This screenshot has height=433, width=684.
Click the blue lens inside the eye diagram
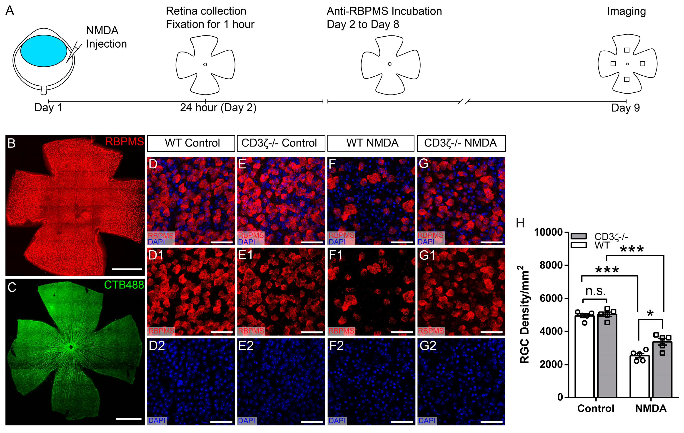click(x=44, y=51)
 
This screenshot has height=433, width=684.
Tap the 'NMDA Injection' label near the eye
click(x=106, y=37)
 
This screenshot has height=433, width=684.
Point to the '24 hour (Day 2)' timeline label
click(x=218, y=108)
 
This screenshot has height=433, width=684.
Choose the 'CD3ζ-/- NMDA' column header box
click(x=461, y=143)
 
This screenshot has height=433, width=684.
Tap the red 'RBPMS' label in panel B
click(x=125, y=141)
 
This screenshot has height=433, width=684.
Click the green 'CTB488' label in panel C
click(x=124, y=285)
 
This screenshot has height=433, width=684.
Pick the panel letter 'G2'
click(x=427, y=346)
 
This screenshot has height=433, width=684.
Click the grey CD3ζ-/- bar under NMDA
click(x=662, y=369)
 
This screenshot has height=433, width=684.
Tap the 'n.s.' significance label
click(x=595, y=291)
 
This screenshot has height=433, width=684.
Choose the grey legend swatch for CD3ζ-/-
click(x=578, y=236)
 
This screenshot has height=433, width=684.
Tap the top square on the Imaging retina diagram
click(x=627, y=50)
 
